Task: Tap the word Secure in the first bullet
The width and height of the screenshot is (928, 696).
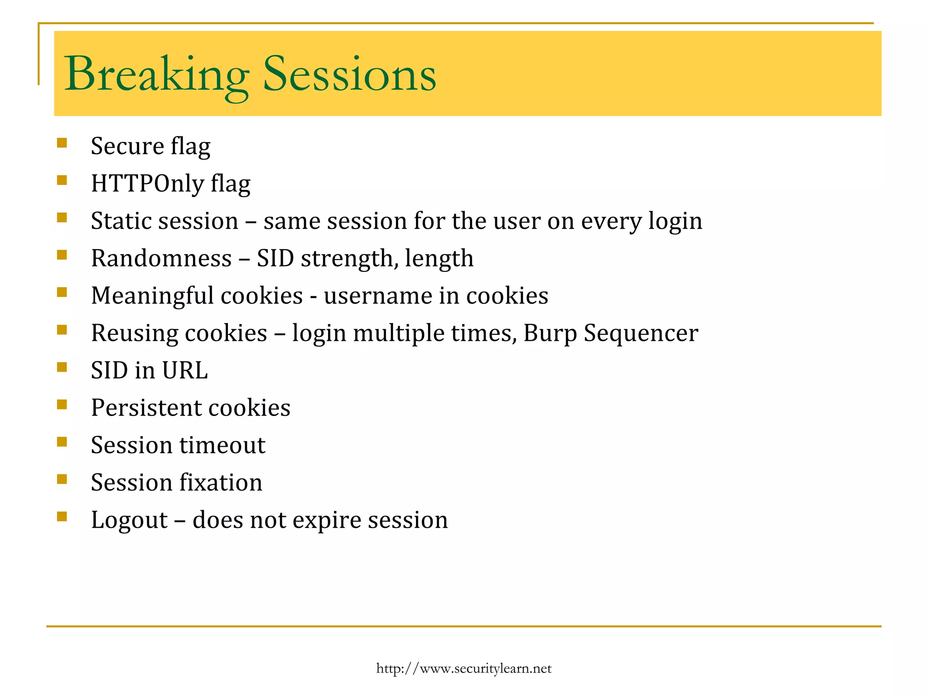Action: pyautogui.click(x=127, y=146)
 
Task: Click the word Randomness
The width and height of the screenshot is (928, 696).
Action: pyautogui.click(x=161, y=259)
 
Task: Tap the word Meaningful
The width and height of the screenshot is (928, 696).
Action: pyautogui.click(x=151, y=296)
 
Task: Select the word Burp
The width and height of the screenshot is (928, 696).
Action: pyautogui.click(x=550, y=334)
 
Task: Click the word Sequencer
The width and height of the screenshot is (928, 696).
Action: pyautogui.click(x=641, y=334)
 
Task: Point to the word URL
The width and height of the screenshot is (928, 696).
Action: pyautogui.click(x=185, y=371)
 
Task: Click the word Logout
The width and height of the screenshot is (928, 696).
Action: pyautogui.click(x=129, y=520)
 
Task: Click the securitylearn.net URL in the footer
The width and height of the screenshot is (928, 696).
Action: pyautogui.click(x=464, y=669)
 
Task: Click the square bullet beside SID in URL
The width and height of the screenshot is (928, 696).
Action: pyautogui.click(x=62, y=367)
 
